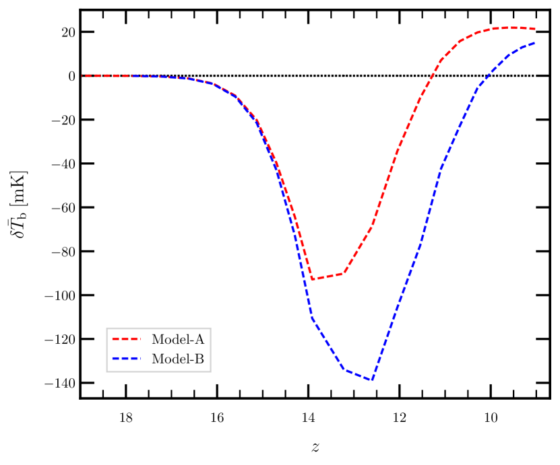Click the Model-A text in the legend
tap(177, 339)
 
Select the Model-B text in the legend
tap(177, 359)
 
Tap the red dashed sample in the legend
tap(126, 339)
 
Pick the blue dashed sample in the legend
tap(126, 359)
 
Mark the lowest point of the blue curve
tap(371, 380)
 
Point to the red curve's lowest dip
tap(312, 279)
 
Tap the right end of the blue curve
tap(535, 43)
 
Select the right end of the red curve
tap(536, 29)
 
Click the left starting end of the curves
tap(82, 75)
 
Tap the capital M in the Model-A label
tap(158, 339)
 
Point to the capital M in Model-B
tap(158, 359)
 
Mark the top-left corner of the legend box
tap(106, 328)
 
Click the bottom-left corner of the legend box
tap(106, 371)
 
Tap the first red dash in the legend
tap(115, 339)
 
